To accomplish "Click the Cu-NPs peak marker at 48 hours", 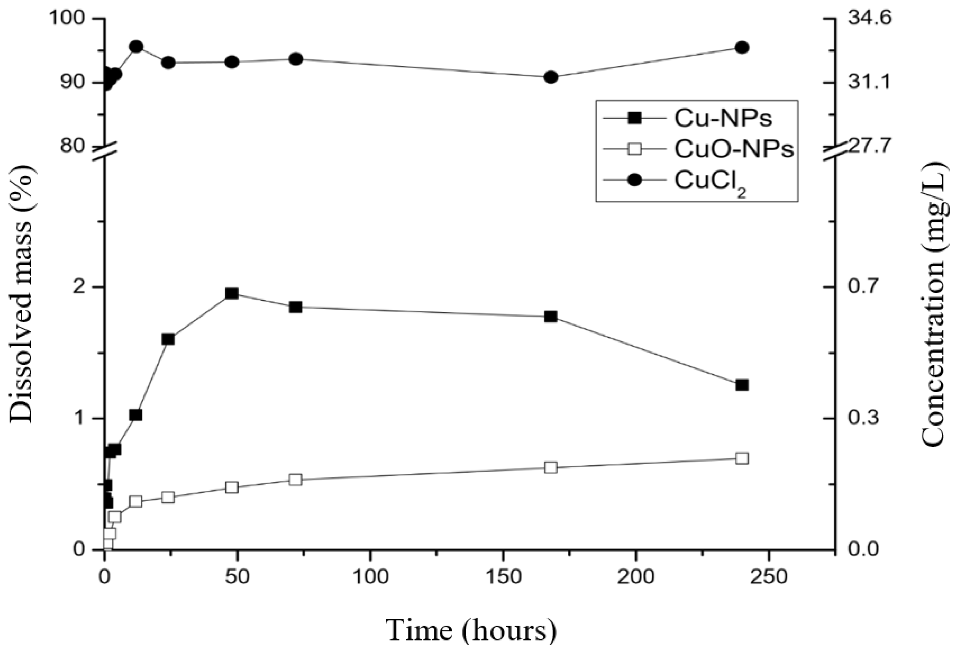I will pyautogui.click(x=232, y=293).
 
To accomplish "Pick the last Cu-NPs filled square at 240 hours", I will pyautogui.click(x=742, y=385).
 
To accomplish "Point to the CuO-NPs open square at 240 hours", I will pyautogui.click(x=742, y=459).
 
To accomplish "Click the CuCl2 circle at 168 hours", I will pyautogui.click(x=550, y=77).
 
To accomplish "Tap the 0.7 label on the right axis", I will pyautogui.click(x=862, y=287).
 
